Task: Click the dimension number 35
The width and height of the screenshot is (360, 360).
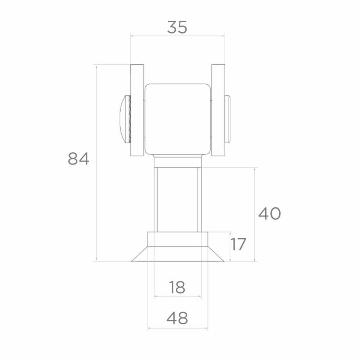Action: (x=177, y=27)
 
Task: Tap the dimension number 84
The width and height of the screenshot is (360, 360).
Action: (x=78, y=159)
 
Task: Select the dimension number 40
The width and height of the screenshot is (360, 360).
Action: (x=270, y=213)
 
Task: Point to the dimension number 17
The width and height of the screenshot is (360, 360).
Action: (x=238, y=244)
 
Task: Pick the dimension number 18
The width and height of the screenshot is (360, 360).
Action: (x=177, y=287)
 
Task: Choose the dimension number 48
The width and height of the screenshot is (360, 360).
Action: (x=177, y=318)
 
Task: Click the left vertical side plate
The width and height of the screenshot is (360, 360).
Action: (x=137, y=111)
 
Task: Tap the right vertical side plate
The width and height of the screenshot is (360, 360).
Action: (x=218, y=111)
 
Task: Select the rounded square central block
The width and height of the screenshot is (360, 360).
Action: (x=178, y=119)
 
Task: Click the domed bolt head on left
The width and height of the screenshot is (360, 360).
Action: (x=125, y=119)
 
